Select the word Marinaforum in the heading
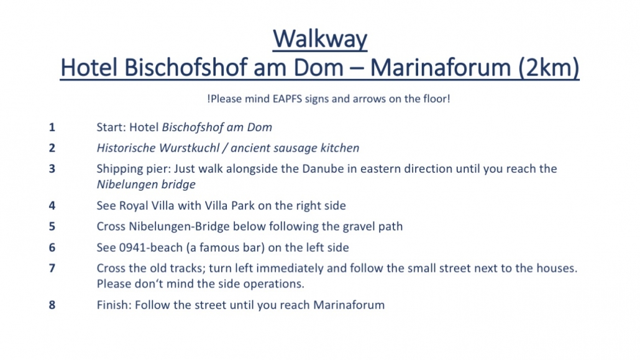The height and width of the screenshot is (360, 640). coord(441,67)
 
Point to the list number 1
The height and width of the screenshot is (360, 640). coord(52,127)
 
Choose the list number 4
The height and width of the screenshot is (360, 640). coord(52,206)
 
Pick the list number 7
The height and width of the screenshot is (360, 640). coord(52,269)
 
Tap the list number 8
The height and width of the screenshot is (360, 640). coord(52,305)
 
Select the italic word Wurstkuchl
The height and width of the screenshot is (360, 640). coord(189,148)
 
